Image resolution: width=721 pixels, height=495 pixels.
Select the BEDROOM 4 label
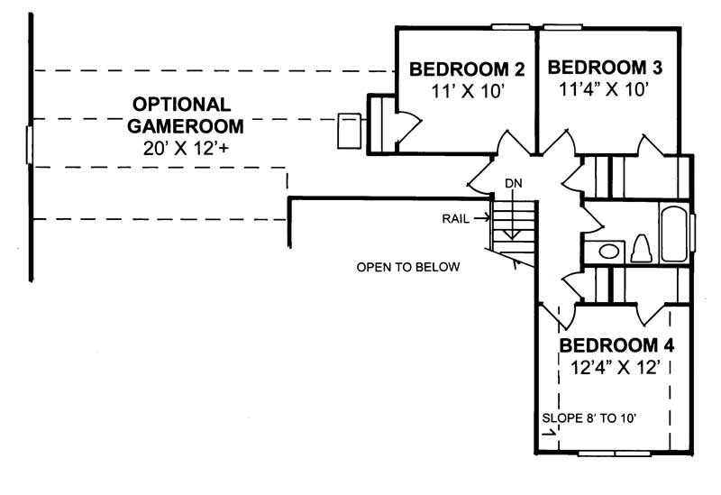click(x=616, y=346)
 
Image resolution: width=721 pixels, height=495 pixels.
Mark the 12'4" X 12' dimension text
click(x=616, y=367)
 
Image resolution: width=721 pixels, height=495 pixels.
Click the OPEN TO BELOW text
click(x=408, y=268)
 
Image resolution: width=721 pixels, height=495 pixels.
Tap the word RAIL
click(x=455, y=218)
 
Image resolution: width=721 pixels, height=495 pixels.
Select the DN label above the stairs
click(x=513, y=184)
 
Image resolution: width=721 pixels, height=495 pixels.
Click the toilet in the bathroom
click(x=643, y=248)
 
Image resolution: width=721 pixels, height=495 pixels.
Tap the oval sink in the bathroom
click(x=609, y=251)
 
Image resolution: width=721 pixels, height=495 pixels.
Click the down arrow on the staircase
click(x=512, y=225)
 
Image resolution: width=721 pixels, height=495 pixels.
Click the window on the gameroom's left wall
click(x=31, y=144)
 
